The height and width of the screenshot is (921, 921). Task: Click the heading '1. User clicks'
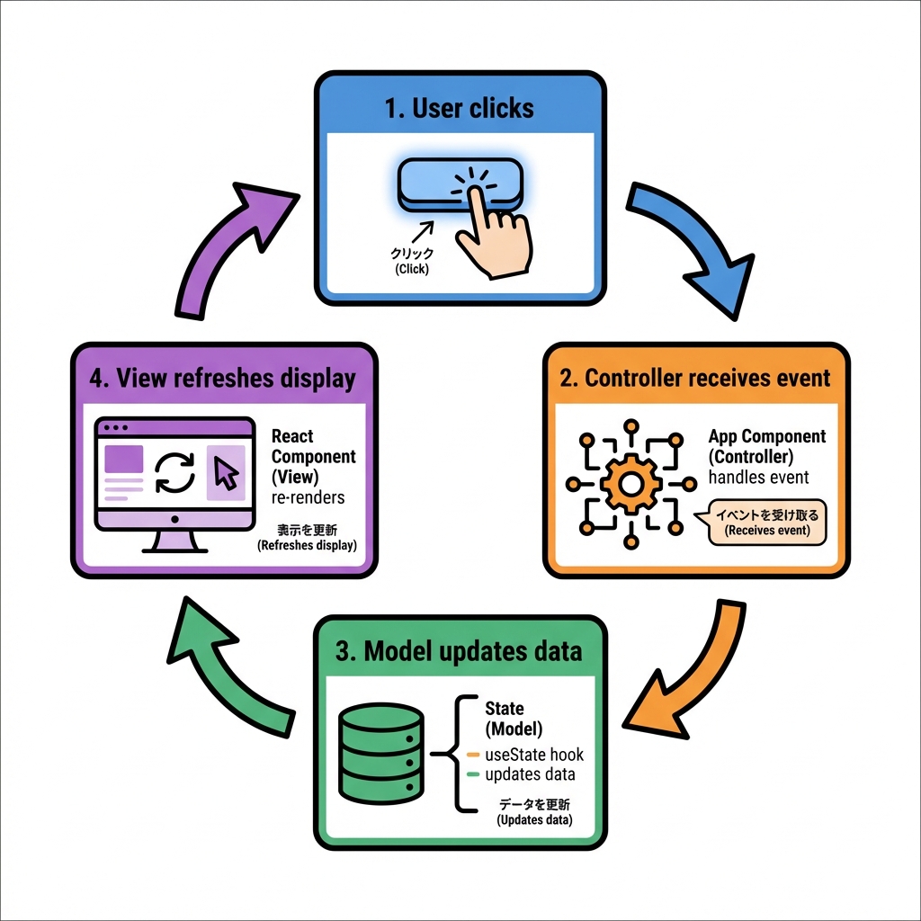459,109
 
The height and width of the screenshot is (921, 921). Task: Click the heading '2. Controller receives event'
695,377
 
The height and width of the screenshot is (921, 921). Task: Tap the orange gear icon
630,483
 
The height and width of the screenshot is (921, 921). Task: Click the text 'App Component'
767,436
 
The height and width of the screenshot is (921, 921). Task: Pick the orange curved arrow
683,666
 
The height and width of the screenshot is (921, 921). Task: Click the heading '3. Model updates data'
459,650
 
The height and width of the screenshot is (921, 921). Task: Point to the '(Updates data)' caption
534,819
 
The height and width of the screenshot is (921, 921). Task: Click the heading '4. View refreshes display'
223,379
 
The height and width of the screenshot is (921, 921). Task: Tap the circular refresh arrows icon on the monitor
175,472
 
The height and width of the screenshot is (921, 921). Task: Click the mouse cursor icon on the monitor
226,472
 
